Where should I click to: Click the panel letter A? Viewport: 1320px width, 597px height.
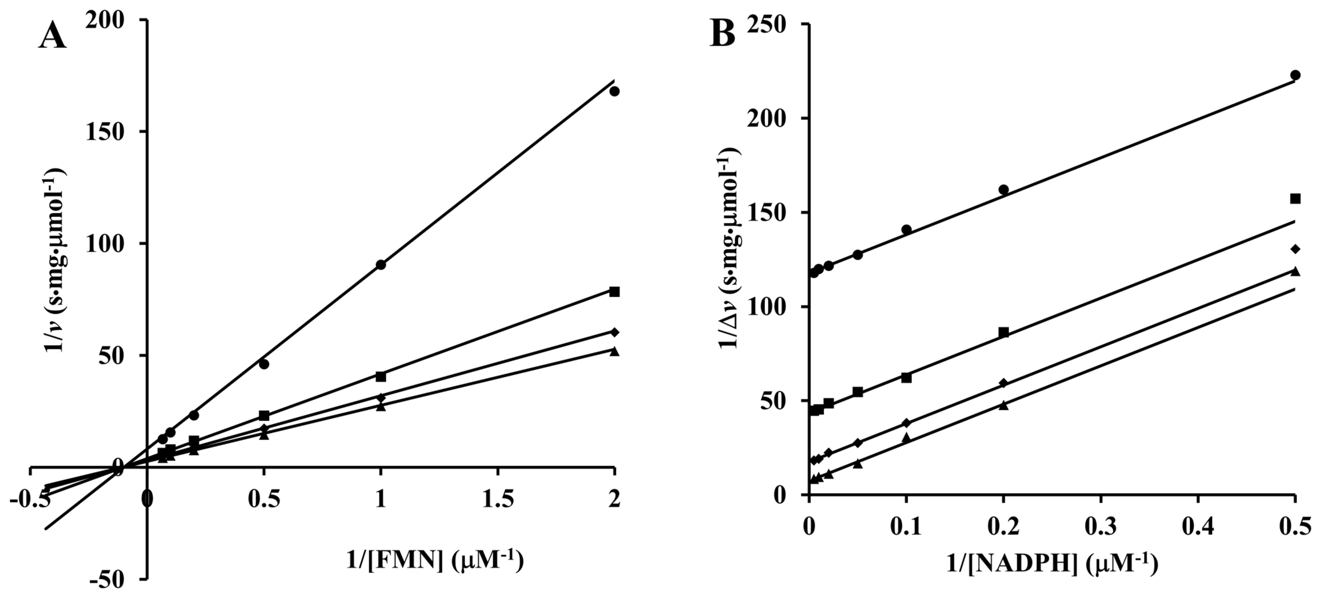53,37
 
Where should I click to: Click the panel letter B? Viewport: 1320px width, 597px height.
722,35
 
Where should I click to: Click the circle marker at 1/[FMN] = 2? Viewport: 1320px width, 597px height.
614,91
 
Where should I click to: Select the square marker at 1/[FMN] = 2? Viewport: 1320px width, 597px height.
614,292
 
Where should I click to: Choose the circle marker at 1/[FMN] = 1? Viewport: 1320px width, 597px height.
381,264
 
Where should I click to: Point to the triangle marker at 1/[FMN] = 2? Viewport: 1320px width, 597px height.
614,351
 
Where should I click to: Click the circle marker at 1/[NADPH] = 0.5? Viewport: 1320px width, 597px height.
1295,75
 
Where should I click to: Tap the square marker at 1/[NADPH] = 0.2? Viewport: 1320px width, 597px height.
1003,332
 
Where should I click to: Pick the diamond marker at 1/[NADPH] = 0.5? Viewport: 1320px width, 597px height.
1295,249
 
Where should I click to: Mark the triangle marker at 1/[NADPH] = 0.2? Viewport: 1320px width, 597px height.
1003,405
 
